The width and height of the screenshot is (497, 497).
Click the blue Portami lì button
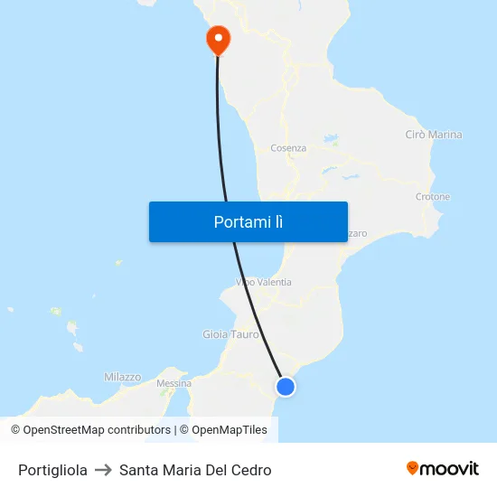248,221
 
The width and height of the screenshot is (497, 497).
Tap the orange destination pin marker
218,38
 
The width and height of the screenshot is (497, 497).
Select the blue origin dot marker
286,387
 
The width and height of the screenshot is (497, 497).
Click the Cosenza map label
288,148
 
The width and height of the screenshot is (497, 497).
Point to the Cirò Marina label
434,135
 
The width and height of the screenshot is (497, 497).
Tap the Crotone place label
432,196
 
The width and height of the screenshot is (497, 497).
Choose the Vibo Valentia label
264,282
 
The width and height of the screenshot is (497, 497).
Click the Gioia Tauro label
230,334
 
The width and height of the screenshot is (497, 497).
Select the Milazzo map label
122,377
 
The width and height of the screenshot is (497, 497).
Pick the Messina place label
173,383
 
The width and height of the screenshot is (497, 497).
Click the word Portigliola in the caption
52,470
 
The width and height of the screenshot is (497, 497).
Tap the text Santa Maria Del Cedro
195,470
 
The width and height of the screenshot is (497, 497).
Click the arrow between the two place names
103,470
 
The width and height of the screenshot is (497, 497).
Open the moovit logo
443,468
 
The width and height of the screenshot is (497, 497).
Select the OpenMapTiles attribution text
223,430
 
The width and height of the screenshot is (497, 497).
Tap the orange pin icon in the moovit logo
413,468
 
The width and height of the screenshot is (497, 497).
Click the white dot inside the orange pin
218,37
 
